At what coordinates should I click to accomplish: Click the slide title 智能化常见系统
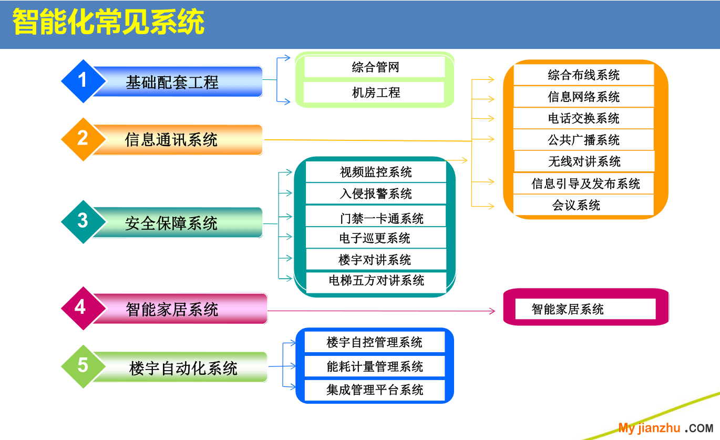point(108,24)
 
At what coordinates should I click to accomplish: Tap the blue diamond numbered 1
point(83,81)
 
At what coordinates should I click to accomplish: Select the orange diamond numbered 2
point(83,139)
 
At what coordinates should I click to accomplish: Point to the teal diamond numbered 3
point(83,221)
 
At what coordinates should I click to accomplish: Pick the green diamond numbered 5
point(83,366)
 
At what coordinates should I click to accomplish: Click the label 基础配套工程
point(172,83)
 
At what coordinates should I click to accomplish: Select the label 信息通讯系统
point(171,140)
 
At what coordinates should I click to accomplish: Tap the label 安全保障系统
point(171,223)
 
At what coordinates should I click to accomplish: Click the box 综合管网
point(375,67)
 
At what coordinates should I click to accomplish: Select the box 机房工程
point(375,93)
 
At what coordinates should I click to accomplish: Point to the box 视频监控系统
point(375,172)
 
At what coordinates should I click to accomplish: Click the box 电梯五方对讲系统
point(376,281)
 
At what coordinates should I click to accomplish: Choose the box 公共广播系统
point(583,140)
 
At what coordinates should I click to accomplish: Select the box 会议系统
point(576,205)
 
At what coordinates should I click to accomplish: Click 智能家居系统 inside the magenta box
point(568,309)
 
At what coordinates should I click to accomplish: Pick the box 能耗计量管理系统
point(375,366)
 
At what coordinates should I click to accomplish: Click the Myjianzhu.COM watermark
point(665,428)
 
